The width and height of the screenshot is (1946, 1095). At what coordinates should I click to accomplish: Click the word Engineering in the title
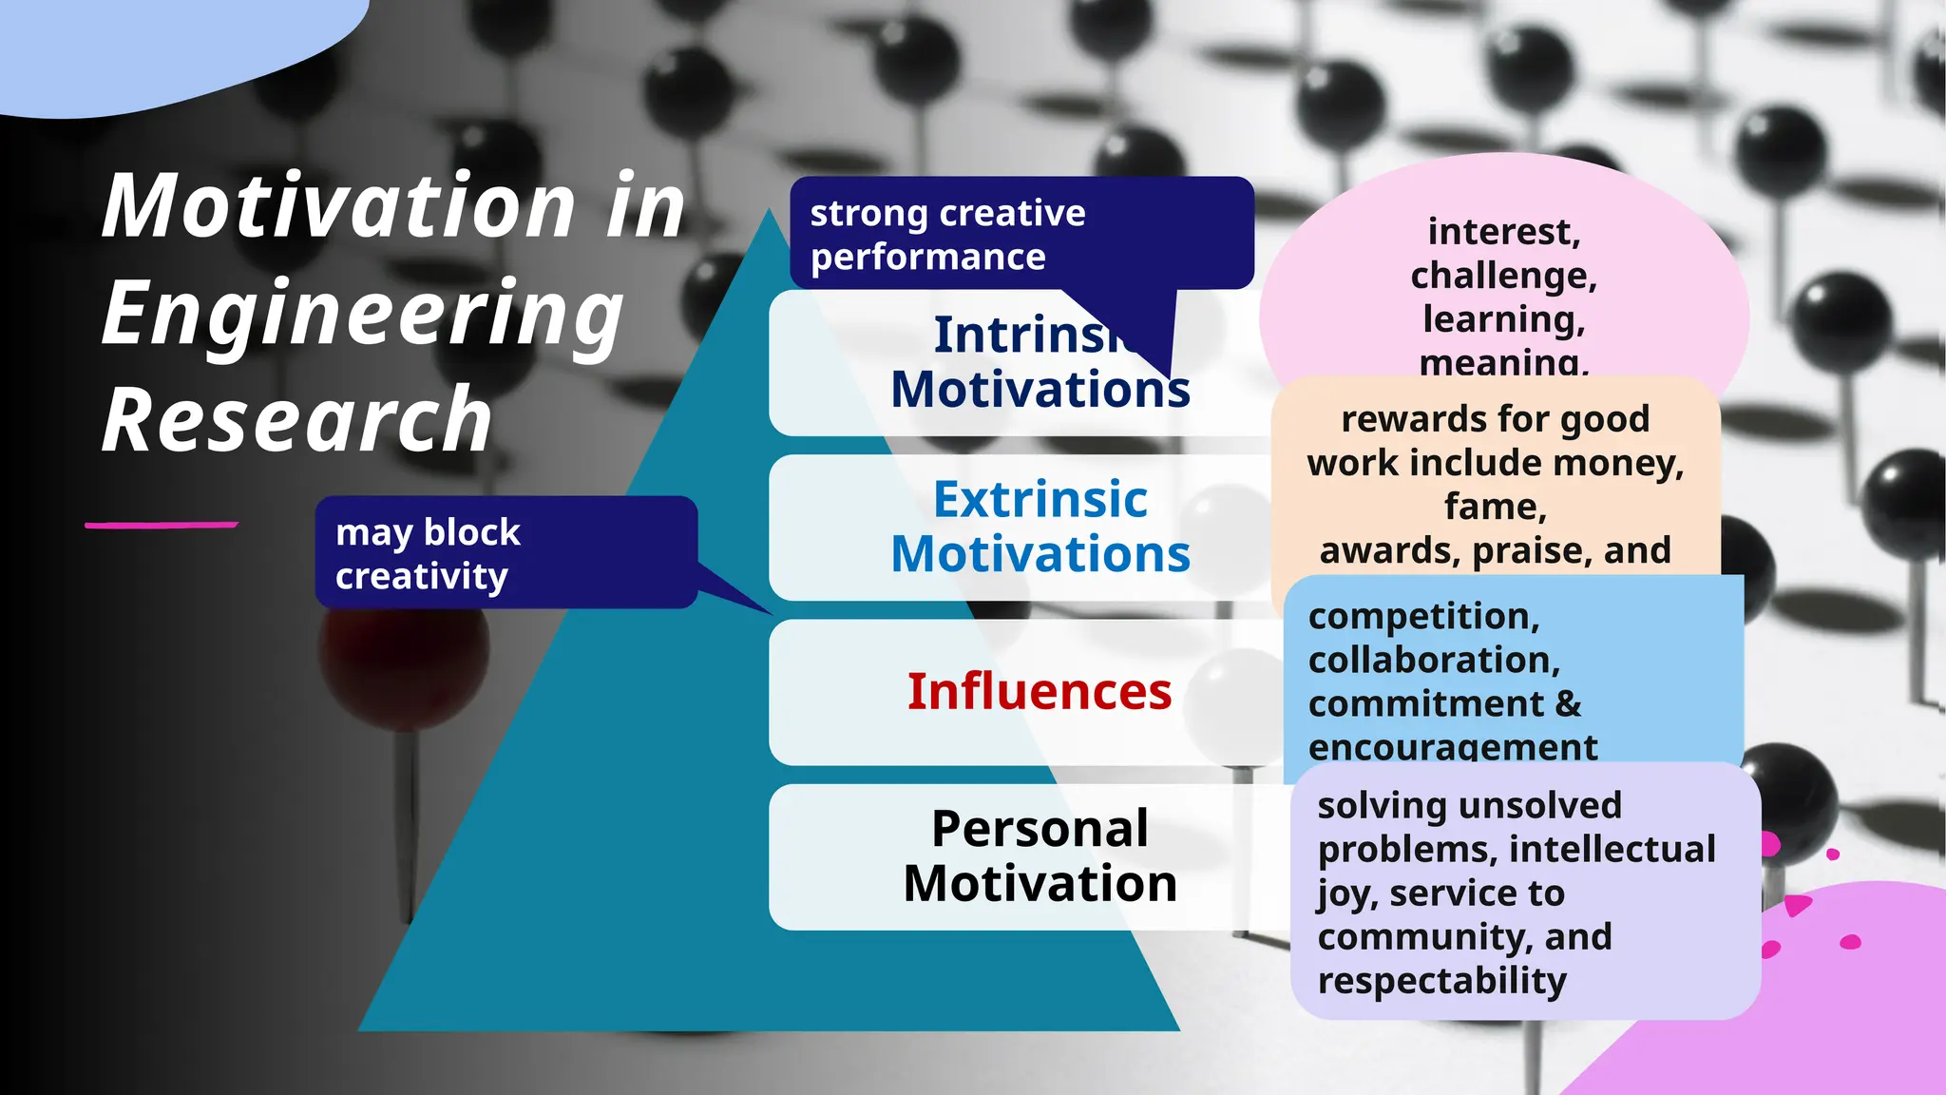361,314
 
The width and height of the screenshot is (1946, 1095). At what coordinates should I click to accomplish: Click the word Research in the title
296,420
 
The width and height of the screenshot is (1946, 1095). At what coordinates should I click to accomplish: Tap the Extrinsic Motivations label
1040,527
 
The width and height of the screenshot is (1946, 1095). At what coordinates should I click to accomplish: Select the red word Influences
1040,691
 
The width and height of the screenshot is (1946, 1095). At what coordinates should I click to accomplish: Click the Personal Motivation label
1040,855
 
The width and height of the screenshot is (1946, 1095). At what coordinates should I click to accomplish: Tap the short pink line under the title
161,525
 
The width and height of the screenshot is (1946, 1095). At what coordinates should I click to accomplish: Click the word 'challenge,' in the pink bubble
1503,276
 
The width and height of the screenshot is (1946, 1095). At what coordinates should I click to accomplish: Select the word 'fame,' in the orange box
1495,507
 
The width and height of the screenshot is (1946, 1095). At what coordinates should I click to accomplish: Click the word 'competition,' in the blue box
1423,616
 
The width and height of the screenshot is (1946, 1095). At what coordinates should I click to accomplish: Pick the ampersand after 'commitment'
1569,704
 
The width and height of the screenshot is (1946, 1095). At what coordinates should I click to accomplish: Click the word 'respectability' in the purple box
1441,980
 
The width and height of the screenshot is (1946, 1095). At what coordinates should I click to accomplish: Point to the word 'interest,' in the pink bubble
1503,232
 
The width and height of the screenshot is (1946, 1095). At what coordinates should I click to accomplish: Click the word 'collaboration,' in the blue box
1434,660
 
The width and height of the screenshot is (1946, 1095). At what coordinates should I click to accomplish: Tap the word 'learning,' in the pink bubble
1503,319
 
